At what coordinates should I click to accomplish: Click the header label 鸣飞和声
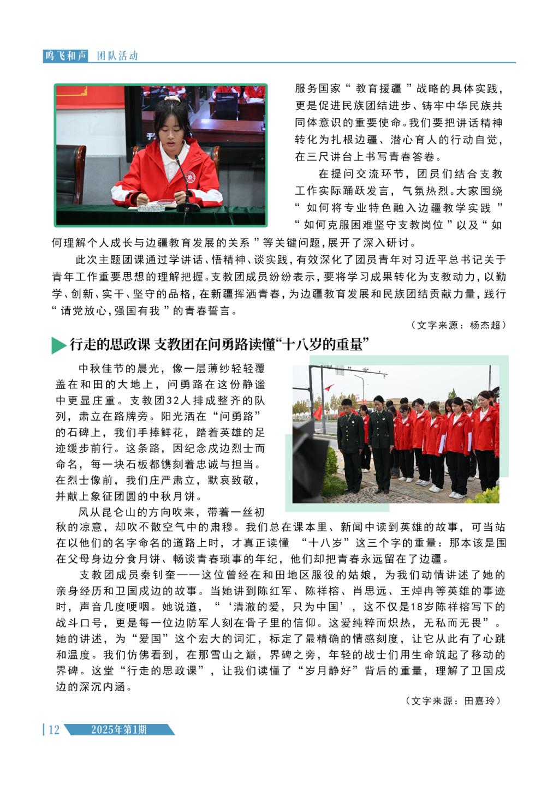(66, 56)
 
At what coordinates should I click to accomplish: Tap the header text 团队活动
(117, 56)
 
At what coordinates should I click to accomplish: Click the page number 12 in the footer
(53, 730)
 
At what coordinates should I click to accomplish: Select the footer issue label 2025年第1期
(119, 730)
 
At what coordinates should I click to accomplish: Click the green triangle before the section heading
(58, 345)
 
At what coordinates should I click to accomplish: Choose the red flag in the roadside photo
(329, 388)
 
